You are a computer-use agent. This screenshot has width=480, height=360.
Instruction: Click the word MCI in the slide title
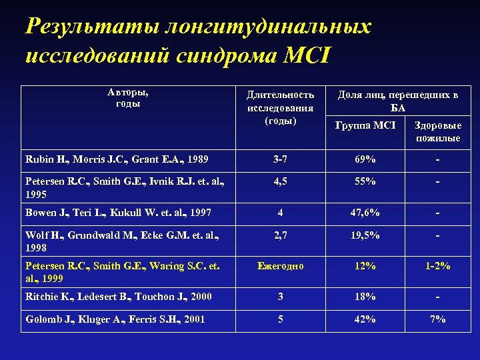point(307,53)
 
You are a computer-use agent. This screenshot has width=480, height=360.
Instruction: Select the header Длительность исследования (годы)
point(280,108)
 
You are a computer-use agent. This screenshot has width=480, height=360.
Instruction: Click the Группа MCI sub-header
point(365,125)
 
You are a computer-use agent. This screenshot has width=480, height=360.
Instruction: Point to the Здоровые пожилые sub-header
point(438,131)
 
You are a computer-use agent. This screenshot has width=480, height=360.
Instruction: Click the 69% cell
point(365,159)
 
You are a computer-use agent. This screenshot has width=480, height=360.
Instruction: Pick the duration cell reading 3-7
point(280,159)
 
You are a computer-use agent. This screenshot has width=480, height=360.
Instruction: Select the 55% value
point(365,181)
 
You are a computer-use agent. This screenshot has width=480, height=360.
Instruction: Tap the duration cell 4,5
point(280,181)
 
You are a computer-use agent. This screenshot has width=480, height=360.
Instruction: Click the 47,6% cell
point(365,213)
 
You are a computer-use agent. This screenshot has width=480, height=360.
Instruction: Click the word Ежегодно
point(280,266)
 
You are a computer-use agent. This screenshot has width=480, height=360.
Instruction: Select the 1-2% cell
point(437,266)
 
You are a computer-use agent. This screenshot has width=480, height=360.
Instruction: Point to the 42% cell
point(365,319)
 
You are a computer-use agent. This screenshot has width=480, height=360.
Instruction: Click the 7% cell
point(437,319)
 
